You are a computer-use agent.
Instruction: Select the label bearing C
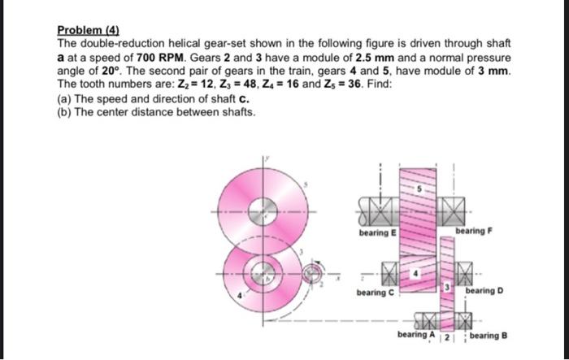[375, 290]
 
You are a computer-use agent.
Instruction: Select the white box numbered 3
[445, 289]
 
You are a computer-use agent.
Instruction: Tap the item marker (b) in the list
[64, 111]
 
